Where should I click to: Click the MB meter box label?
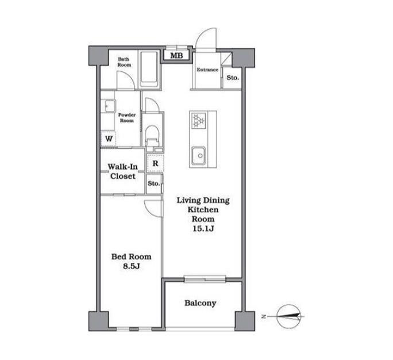coord(177,55)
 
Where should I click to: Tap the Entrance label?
coord(207,70)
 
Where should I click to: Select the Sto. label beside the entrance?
coord(233,78)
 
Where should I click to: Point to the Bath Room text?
coord(124,62)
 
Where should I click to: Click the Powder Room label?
coord(127,118)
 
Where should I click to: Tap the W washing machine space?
coord(109,139)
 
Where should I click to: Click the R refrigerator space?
coord(155,163)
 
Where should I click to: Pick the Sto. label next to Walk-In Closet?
coord(153,183)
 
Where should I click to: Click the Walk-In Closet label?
coord(123,171)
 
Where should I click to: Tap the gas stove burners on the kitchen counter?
coord(198,120)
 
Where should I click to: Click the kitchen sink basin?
coord(198,156)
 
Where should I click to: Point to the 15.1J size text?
coord(203,228)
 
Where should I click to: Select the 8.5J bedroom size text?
coord(132,266)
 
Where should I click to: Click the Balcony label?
coord(201,303)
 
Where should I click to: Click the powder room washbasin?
coord(108,106)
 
